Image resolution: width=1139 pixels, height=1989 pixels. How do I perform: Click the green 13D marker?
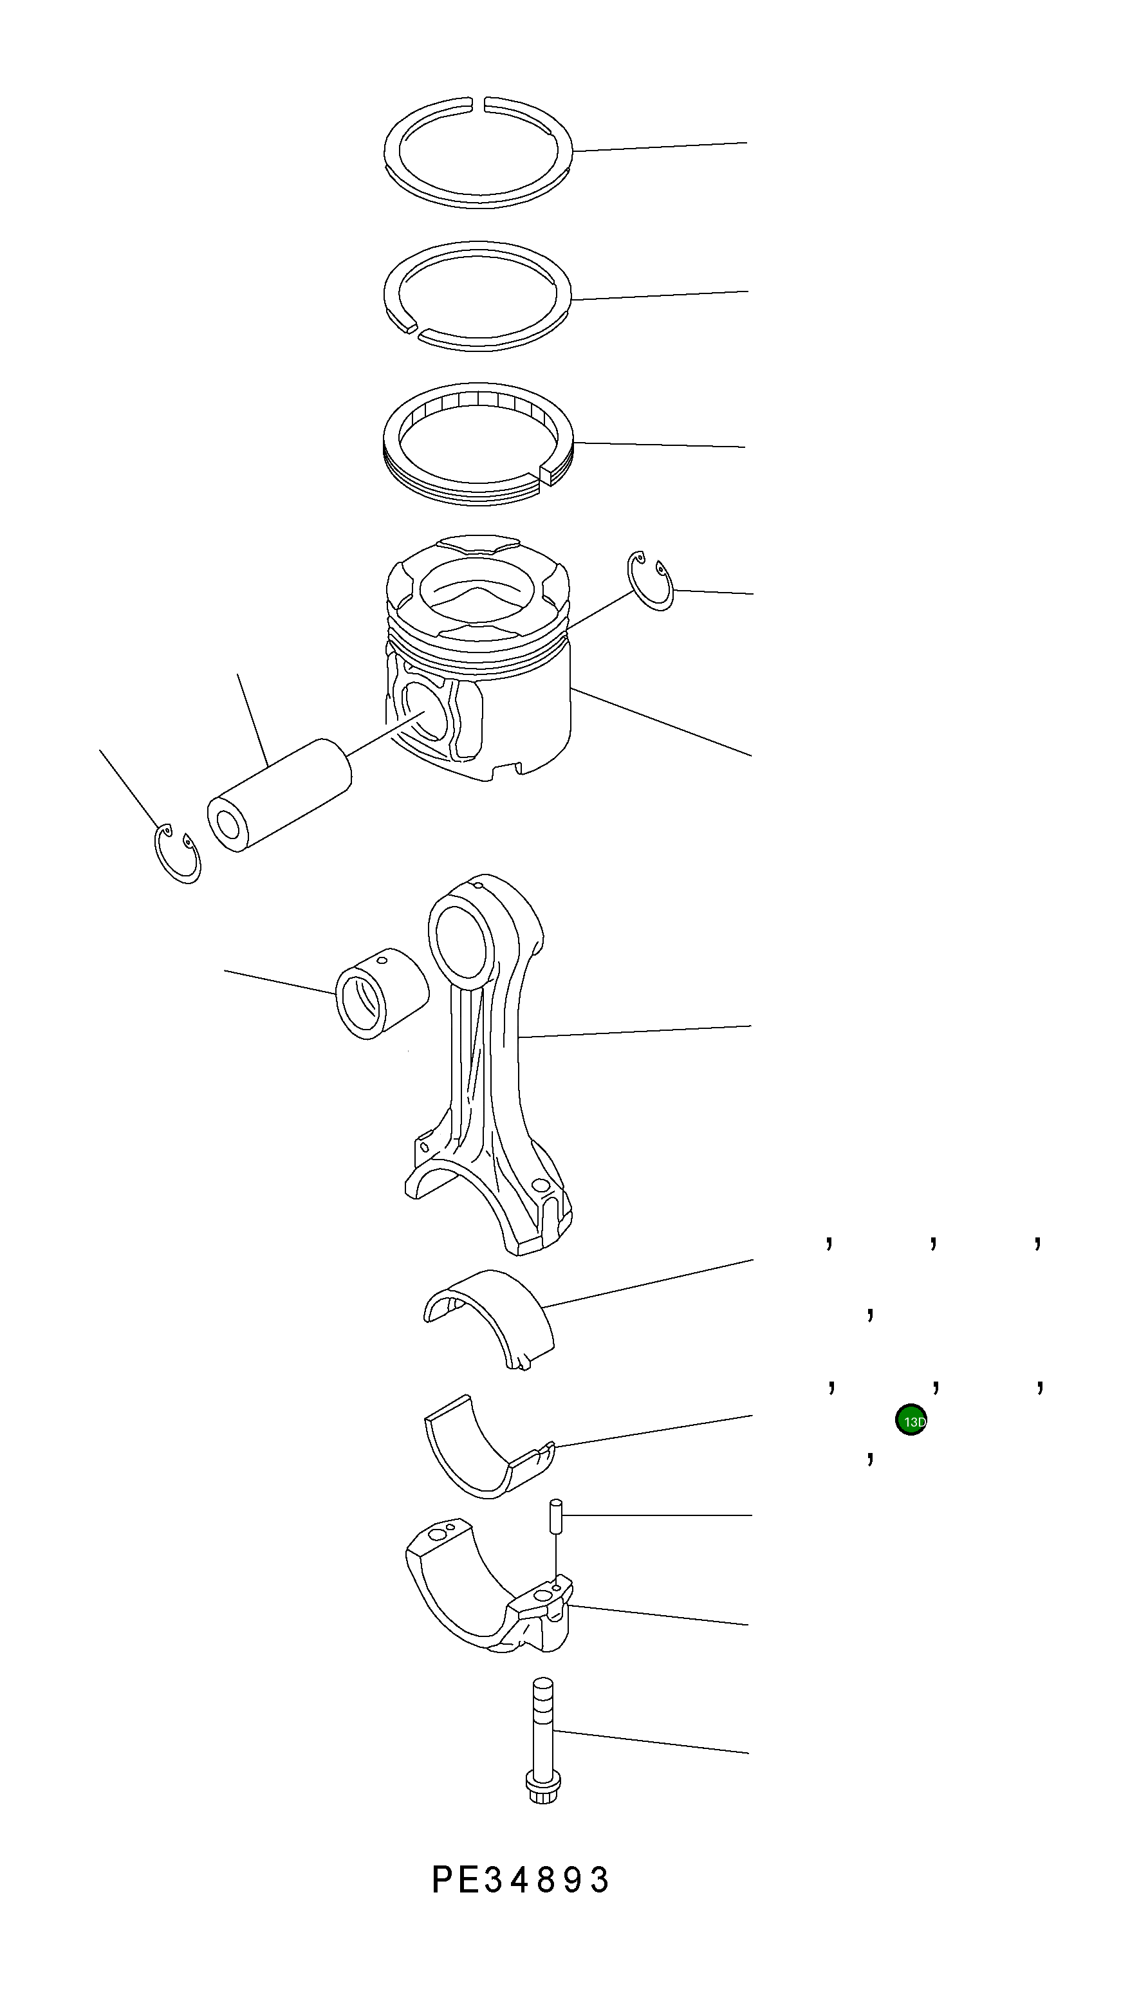pos(911,1421)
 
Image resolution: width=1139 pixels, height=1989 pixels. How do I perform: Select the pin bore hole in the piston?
pos(427,712)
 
